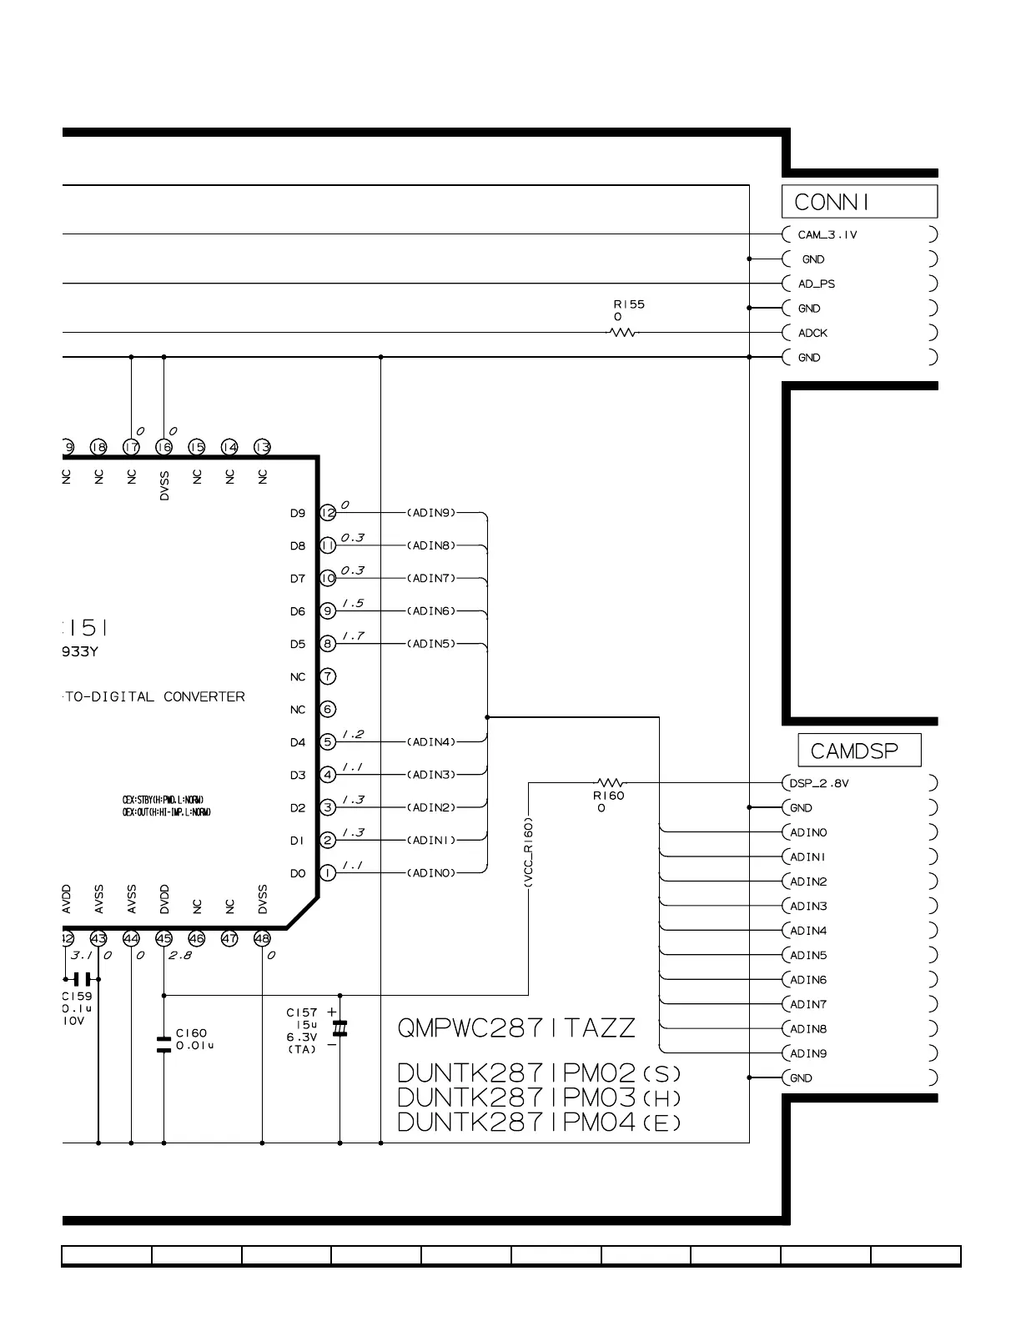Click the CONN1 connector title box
pyautogui.click(x=858, y=202)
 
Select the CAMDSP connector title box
pyautogui.click(x=859, y=751)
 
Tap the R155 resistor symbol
pyautogui.click(x=621, y=333)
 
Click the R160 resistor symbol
pyautogui.click(x=610, y=783)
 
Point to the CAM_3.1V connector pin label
pyautogui.click(x=827, y=235)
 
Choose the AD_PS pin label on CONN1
pyautogui.click(x=816, y=284)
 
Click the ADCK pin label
pyautogui.click(x=812, y=333)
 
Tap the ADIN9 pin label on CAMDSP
pyautogui.click(x=807, y=1053)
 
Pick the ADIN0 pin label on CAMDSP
pyautogui.click(x=807, y=832)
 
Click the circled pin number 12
pyautogui.click(x=328, y=513)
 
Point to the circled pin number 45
pyautogui.click(x=163, y=939)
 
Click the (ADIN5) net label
pyautogui.click(x=431, y=644)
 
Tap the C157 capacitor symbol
pyautogui.click(x=339, y=1027)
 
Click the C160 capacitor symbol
pyautogui.click(x=163, y=1044)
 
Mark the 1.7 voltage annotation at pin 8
pyautogui.click(x=354, y=636)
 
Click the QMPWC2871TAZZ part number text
pyautogui.click(x=516, y=1027)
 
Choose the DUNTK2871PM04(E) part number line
pyautogui.click(x=539, y=1123)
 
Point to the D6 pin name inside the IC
pyautogui.click(x=298, y=611)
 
